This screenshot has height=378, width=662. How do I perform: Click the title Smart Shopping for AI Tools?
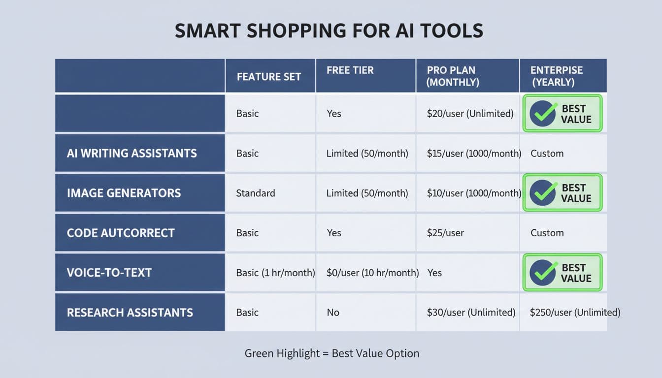[329, 31]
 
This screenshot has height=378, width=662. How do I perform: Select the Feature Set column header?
[268, 77]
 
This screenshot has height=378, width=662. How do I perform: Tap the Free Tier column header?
[350, 70]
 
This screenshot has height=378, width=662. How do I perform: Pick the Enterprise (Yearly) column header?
[556, 76]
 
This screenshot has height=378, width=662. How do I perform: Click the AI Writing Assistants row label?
[132, 153]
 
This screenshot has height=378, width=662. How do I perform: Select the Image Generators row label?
[124, 193]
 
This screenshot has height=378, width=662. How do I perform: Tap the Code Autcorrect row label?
[121, 233]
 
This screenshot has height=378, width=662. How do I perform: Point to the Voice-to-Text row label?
[109, 273]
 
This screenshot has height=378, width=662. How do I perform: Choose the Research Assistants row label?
[130, 313]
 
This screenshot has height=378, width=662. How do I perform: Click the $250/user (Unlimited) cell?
[575, 313]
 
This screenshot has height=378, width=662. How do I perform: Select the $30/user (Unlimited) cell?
[471, 313]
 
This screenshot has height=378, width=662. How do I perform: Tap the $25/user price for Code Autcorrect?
[445, 233]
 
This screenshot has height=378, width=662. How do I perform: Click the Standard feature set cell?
[255, 193]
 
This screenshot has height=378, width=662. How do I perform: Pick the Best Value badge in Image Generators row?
[562, 193]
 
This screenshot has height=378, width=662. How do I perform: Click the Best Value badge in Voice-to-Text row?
[562, 273]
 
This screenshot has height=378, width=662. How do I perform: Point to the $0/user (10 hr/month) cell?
[372, 273]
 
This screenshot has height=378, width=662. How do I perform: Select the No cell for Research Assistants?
[333, 313]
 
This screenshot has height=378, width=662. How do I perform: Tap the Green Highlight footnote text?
[331, 353]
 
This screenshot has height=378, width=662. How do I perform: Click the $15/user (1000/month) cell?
[474, 153]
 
